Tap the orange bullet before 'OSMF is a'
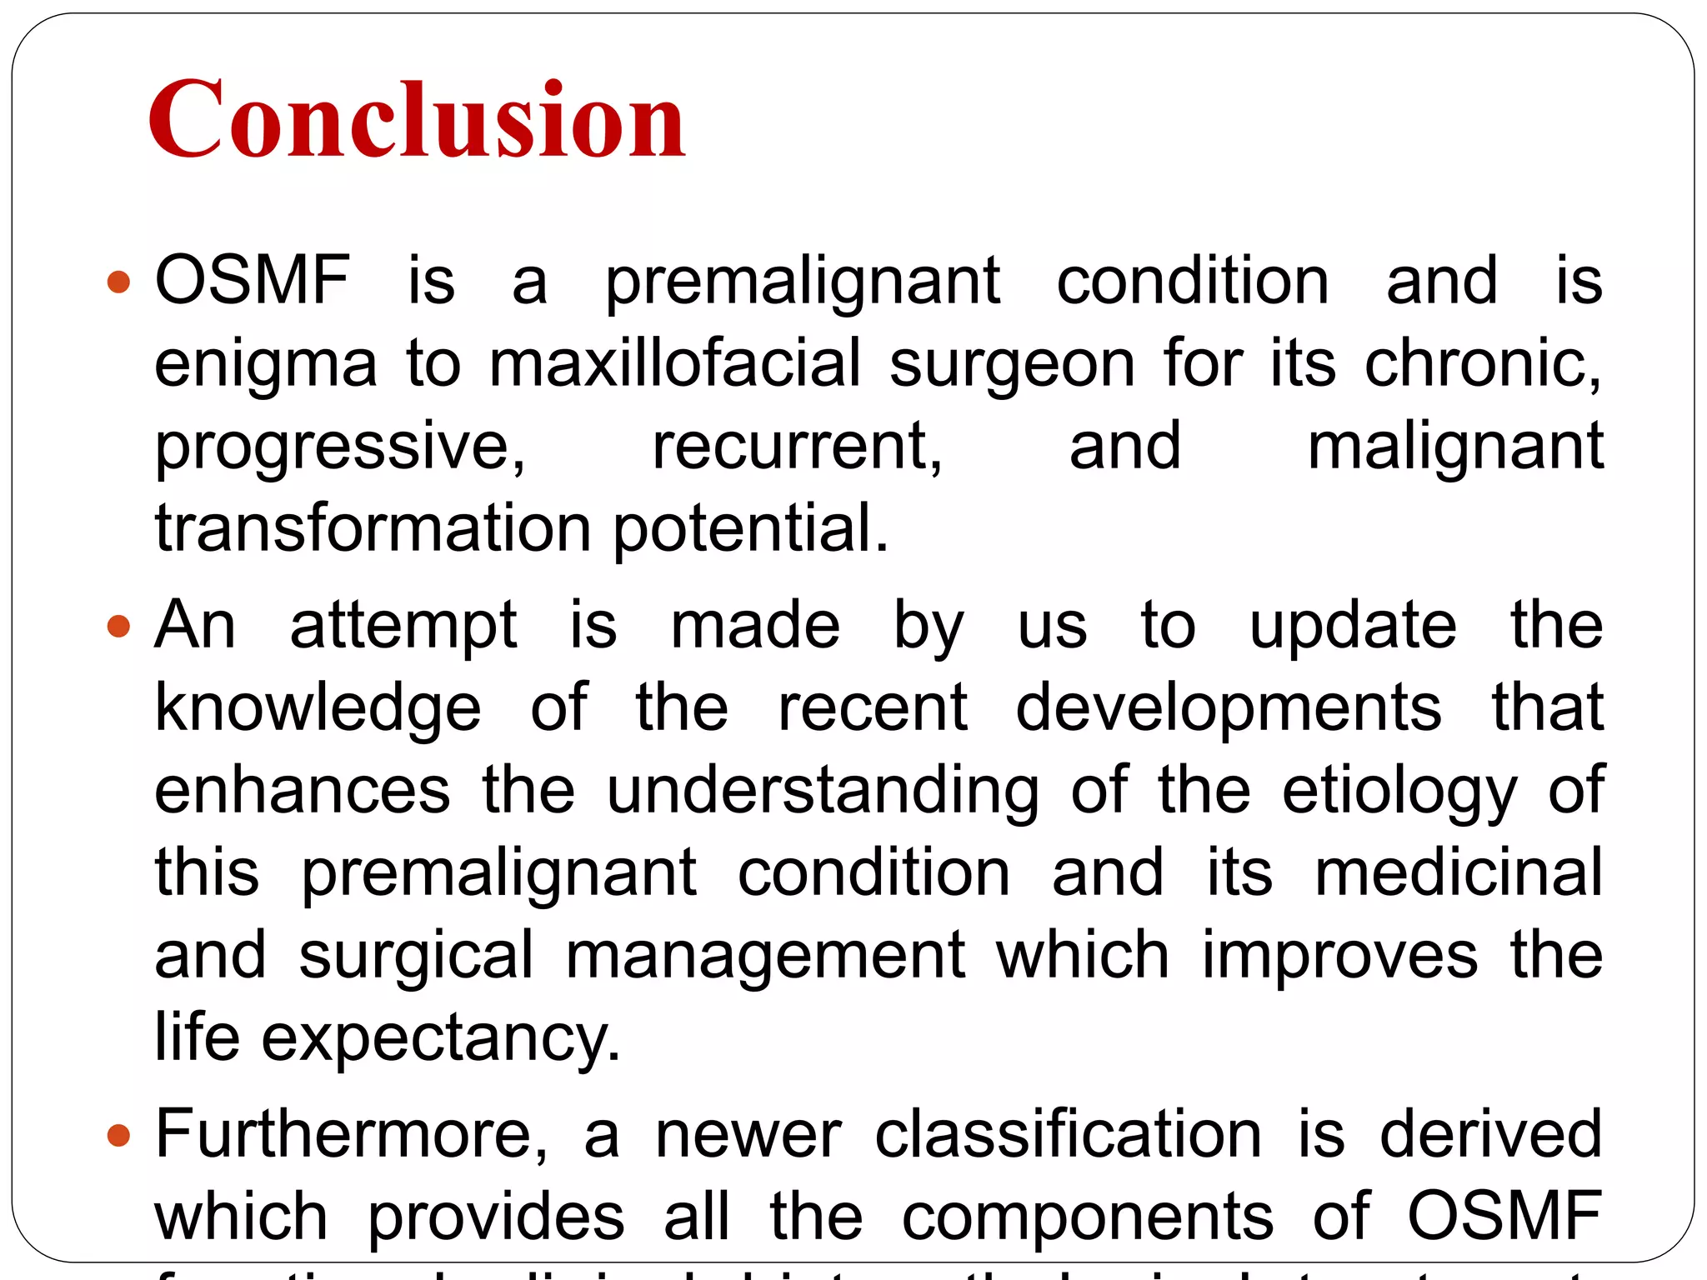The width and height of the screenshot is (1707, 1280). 119,282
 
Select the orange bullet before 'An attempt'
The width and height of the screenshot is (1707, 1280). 119,626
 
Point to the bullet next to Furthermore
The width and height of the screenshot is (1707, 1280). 119,1135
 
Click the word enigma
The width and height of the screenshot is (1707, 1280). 266,365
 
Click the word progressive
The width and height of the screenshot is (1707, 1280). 340,447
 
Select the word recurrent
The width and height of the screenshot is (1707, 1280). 797,447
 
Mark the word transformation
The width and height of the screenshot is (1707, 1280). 373,528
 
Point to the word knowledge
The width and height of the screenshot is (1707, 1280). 318,708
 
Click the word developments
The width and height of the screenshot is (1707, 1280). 1228,708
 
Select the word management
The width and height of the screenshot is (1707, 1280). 765,955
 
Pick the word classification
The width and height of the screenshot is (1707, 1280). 1068,1133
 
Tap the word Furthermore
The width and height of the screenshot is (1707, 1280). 351,1133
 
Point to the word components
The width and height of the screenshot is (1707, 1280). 1088,1217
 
